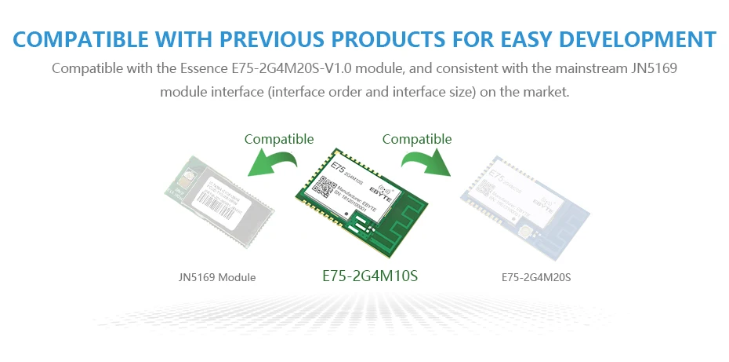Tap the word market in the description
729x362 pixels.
546,92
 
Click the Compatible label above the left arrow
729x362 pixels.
279,139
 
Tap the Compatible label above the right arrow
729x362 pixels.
417,139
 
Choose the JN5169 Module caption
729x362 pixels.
217,277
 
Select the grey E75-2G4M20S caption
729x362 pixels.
536,277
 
